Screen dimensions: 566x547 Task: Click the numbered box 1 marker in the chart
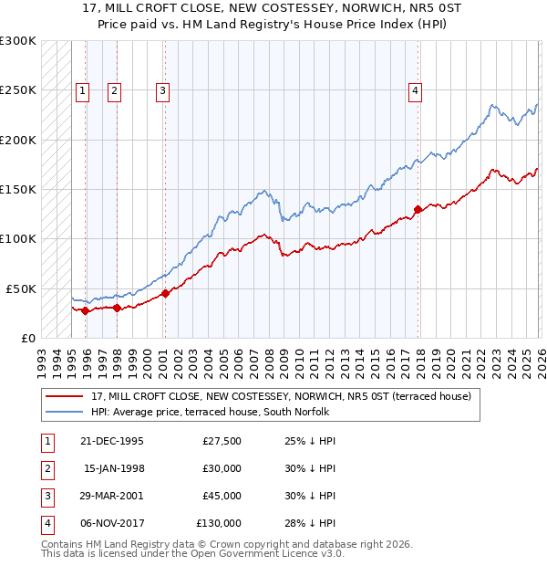coord(83,90)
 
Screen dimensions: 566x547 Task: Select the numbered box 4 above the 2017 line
coord(415,90)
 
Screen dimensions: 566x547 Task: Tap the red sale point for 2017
coord(418,209)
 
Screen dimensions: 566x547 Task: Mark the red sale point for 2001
coord(166,293)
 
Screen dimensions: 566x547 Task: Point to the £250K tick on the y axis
coord(18,90)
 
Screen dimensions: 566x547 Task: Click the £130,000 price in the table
coord(219,523)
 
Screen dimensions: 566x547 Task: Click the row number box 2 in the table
coord(46,468)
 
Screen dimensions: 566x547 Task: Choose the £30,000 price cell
coord(222,468)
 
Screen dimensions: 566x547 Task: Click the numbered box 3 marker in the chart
coord(162,90)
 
